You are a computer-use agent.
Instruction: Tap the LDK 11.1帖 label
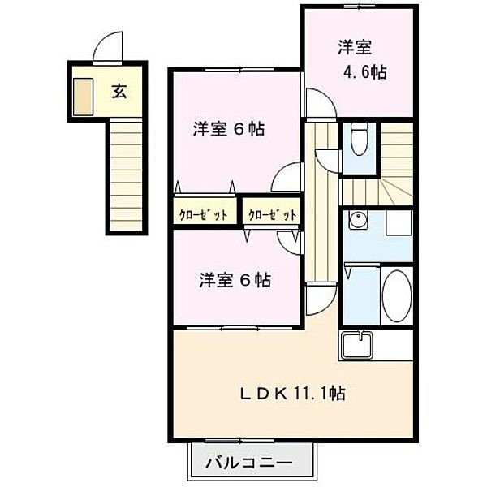(x=291, y=394)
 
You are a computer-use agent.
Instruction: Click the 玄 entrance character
(x=119, y=90)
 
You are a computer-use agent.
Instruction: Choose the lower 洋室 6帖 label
(x=235, y=280)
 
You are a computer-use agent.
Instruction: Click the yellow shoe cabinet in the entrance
(x=83, y=95)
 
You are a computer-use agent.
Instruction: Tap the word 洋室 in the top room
(x=354, y=45)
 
